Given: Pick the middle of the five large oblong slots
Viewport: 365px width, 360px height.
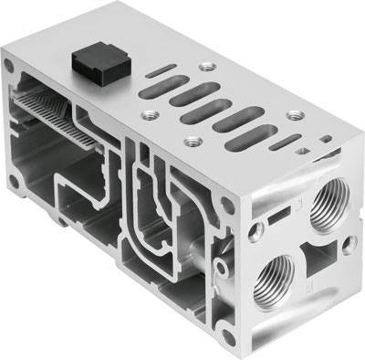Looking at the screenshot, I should pos(203,111).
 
